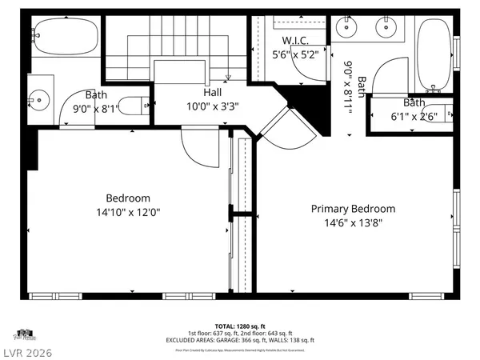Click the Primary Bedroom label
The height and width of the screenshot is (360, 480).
(x=353, y=209)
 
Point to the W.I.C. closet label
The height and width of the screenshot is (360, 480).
(x=295, y=40)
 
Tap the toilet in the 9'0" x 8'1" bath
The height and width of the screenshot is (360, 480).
(x=141, y=103)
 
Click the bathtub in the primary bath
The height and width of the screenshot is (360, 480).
(x=435, y=53)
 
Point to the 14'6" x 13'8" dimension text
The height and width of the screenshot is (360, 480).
(x=353, y=223)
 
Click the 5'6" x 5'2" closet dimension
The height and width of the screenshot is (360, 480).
(x=295, y=54)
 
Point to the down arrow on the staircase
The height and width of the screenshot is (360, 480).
(x=229, y=77)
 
